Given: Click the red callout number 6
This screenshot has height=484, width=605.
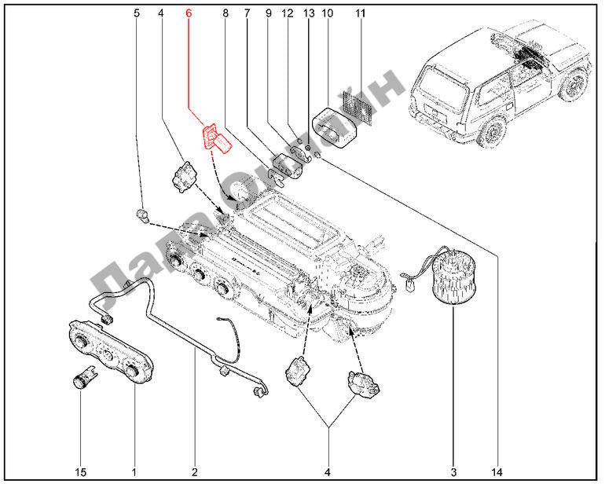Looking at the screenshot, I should (188, 13).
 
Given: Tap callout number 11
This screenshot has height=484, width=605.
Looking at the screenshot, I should (361, 13).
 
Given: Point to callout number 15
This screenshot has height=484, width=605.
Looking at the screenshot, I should (81, 472).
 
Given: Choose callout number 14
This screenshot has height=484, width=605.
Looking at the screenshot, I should (497, 472).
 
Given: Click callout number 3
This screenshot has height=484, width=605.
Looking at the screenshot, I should (453, 472).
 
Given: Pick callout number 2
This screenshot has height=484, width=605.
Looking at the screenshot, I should (194, 472).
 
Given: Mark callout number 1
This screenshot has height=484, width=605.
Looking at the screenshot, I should (134, 472).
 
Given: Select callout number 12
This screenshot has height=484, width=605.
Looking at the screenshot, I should (287, 13).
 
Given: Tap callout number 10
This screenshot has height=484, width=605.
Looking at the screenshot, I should (328, 13).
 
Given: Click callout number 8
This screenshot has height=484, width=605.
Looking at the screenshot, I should (225, 13).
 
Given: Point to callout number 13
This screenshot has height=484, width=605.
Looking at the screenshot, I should (307, 13).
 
